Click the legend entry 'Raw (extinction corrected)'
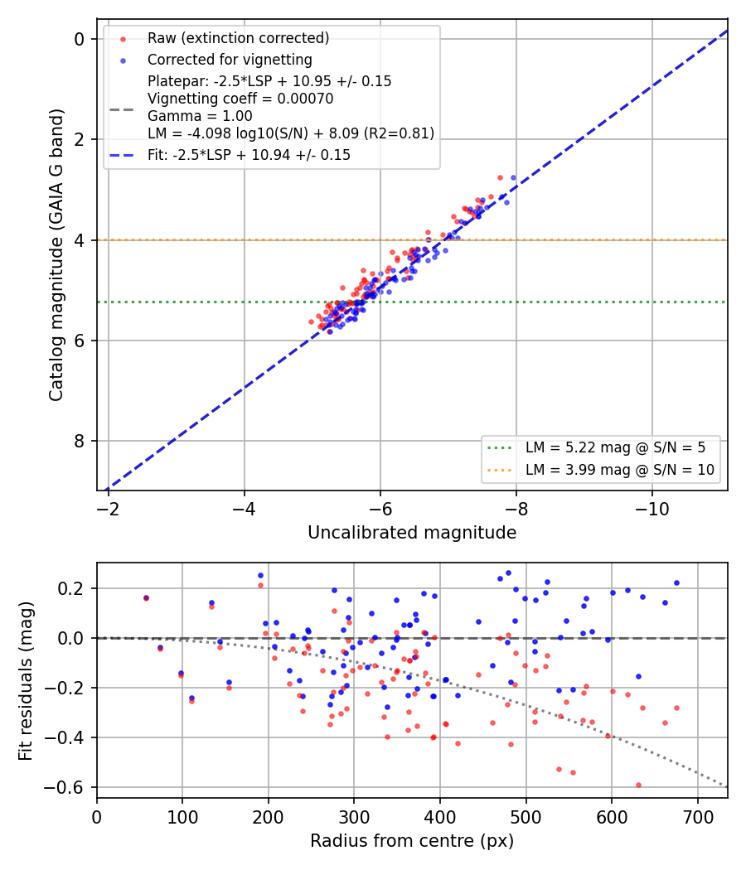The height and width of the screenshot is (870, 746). tap(238, 38)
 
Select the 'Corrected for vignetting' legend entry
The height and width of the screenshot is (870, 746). tap(230, 60)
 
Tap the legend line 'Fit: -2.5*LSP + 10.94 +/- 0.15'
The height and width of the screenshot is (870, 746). tap(249, 155)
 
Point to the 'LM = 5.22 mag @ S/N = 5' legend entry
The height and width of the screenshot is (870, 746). tap(615, 447)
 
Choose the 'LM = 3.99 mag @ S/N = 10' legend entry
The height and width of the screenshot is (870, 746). tap(619, 470)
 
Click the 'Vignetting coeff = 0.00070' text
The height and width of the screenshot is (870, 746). tap(240, 99)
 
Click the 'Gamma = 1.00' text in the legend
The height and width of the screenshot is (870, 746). tap(200, 116)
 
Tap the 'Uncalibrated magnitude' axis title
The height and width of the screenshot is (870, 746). tap(412, 533)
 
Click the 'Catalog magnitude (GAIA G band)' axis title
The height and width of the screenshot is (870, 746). tap(56, 254)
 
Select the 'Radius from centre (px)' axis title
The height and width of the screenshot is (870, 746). tap(412, 841)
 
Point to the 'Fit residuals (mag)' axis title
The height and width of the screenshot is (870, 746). tap(26, 681)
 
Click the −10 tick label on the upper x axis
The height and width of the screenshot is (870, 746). tap(652, 509)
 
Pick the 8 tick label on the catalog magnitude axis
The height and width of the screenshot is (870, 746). tap(80, 441)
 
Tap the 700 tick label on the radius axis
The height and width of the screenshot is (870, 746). tap(697, 817)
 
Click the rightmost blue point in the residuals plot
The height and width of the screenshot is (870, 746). tap(676, 583)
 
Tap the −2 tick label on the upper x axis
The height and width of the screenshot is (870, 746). tap(108, 509)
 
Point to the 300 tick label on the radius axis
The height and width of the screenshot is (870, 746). tap(354, 817)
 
